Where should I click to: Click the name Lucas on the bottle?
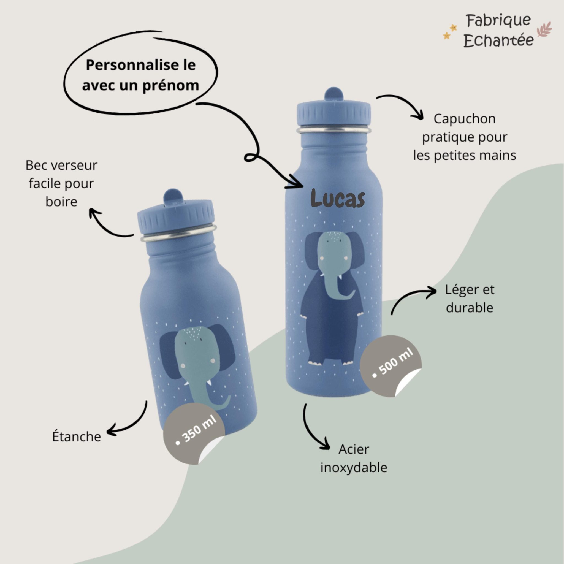point(337,198)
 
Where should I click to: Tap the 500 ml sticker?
point(391,365)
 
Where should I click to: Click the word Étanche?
point(77,436)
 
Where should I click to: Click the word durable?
point(470,308)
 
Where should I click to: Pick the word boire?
point(61,202)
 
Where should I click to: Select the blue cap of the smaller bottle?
point(176,213)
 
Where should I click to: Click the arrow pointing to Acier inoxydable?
point(310,432)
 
